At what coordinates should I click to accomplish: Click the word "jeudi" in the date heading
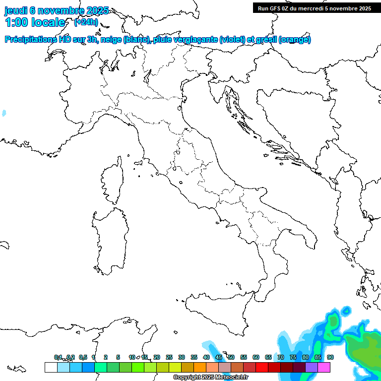(x=16, y=11)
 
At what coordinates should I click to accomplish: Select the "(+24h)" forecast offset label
(x=86, y=22)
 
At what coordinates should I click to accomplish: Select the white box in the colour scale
(x=51, y=367)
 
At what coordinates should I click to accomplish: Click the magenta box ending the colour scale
(x=324, y=367)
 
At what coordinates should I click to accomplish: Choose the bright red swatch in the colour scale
(x=262, y=367)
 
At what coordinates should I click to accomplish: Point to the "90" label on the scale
(x=330, y=357)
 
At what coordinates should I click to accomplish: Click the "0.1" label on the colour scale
(x=58, y=357)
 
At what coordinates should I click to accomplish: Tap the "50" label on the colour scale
(x=231, y=357)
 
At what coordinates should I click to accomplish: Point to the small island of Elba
(x=138, y=164)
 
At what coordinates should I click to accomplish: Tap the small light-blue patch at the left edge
(x=4, y=113)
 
